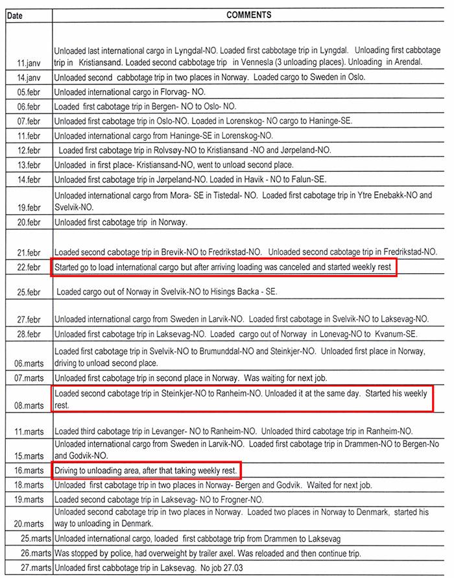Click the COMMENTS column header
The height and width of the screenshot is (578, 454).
point(248,14)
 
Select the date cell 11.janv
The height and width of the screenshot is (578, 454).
point(30,62)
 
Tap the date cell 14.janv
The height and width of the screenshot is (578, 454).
point(30,77)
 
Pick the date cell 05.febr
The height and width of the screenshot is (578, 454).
point(30,92)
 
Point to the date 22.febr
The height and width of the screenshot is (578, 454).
point(30,267)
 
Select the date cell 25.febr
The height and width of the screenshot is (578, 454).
point(30,292)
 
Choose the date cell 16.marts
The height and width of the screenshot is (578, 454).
point(30,470)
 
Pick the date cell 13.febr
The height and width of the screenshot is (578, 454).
point(30,165)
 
